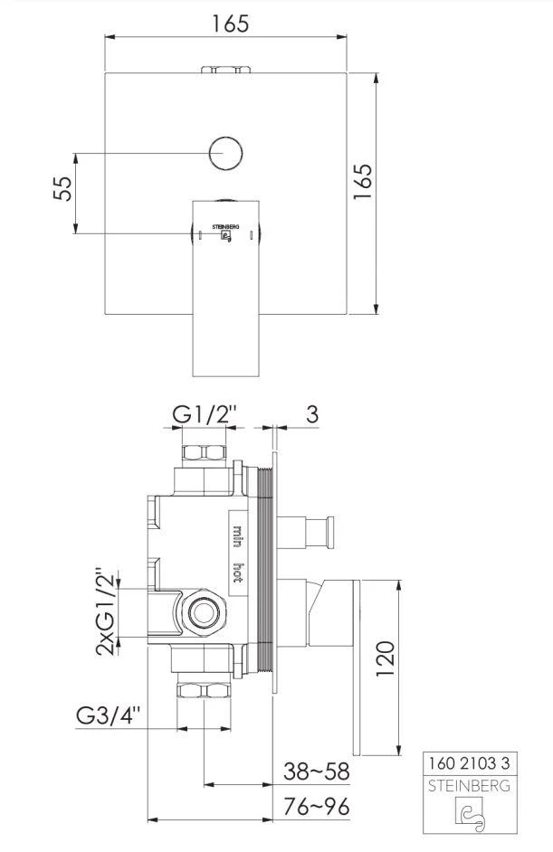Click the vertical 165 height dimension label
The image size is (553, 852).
(x=363, y=182)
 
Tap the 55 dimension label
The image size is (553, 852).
(x=63, y=188)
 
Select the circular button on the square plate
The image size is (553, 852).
(x=225, y=153)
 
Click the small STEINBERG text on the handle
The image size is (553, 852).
(x=225, y=227)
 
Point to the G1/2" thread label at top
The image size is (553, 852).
(x=205, y=415)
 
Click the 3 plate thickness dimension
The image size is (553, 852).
(x=311, y=414)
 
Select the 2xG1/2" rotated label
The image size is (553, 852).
(x=107, y=612)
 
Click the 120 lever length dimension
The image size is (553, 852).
(x=385, y=658)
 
